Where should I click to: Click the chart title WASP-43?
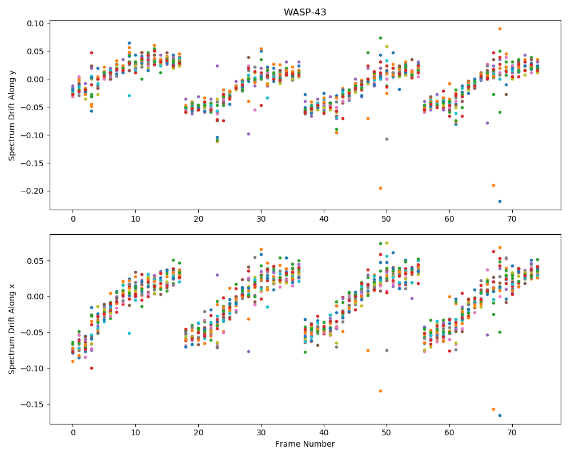click(305, 12)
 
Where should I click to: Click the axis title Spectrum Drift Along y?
click(12, 115)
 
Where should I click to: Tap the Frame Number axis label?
click(305, 444)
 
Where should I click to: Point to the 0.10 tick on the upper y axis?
click(35, 23)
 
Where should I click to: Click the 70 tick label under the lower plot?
click(512, 432)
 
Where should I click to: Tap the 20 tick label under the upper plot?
click(199, 219)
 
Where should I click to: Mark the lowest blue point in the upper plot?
click(500, 201)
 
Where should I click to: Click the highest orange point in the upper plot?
click(500, 29)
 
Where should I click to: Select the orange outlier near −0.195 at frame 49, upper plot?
click(380, 188)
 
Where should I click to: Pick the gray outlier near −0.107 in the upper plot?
click(387, 139)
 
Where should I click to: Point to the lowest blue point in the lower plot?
click(500, 415)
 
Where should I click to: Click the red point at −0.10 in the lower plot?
click(92, 368)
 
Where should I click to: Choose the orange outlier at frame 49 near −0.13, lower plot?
click(380, 391)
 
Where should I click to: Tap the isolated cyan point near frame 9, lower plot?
click(129, 333)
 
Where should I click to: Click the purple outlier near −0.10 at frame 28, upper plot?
click(249, 134)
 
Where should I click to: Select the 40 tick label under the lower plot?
click(324, 432)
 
